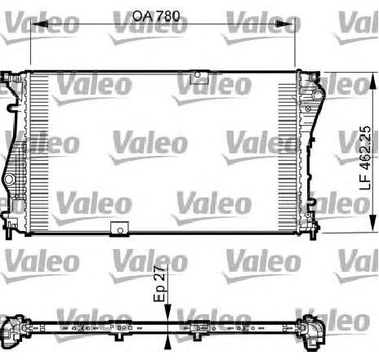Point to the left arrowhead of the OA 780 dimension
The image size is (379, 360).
click(x=33, y=24)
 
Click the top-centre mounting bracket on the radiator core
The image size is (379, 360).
click(x=198, y=78)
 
